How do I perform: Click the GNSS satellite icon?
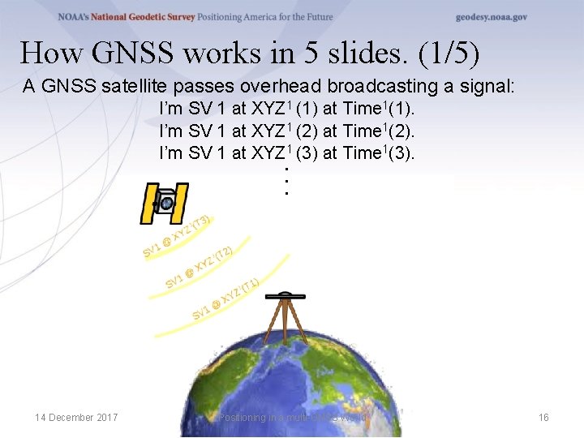pos(165,204)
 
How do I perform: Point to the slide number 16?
pos(543,417)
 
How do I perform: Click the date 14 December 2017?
pos(76,417)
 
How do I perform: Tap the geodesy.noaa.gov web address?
pos(492,17)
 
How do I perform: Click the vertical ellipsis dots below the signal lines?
pos(286,180)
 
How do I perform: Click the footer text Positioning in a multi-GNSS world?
pos(294,417)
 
